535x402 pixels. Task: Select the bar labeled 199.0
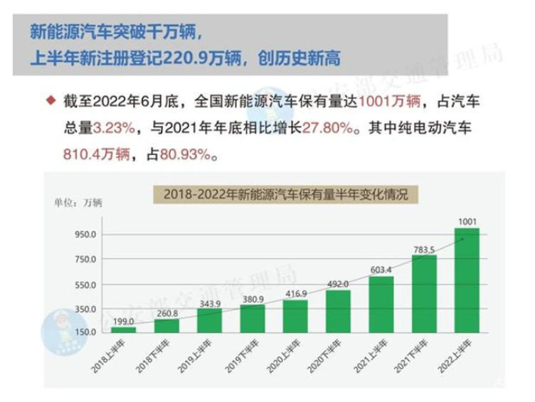[x=123, y=329]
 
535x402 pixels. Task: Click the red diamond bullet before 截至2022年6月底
[x=50, y=102]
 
